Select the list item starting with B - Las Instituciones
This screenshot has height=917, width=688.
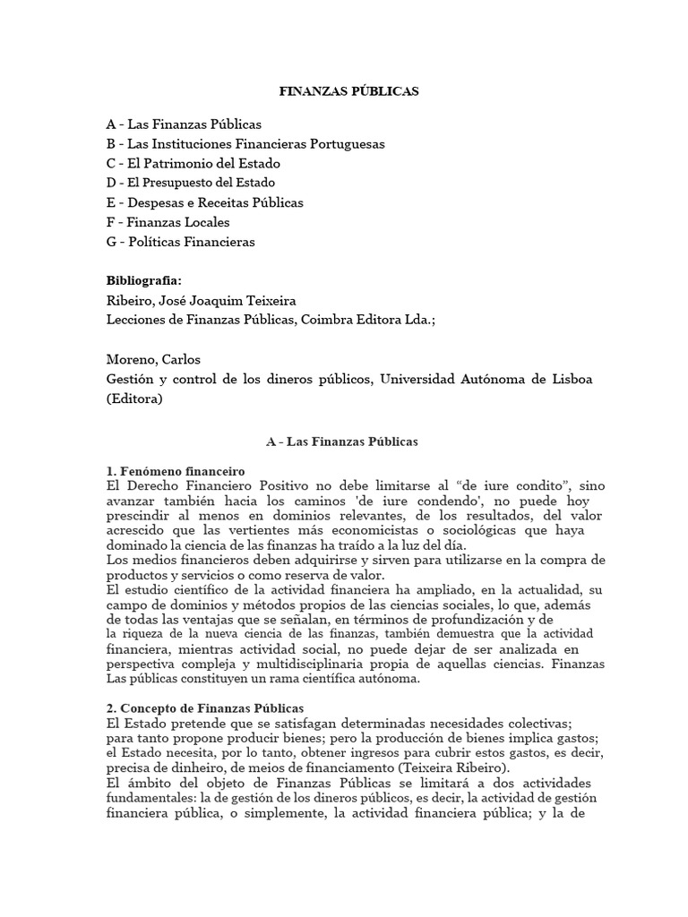coord(245,143)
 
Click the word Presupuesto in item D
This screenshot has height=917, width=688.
coord(200,183)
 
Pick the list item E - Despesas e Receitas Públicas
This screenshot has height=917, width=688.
coord(204,202)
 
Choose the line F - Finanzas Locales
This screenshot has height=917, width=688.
coord(168,222)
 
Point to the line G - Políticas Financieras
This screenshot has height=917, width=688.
coord(180,242)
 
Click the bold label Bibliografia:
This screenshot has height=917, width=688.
coord(143,280)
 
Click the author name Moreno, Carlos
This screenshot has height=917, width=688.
coord(153,359)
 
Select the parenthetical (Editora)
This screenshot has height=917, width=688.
coord(134,399)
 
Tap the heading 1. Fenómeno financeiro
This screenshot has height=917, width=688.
coord(176,472)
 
